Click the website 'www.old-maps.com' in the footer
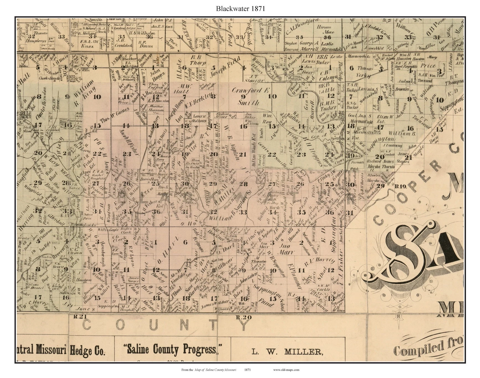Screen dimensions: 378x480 286,370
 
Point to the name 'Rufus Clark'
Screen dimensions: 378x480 126,231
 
